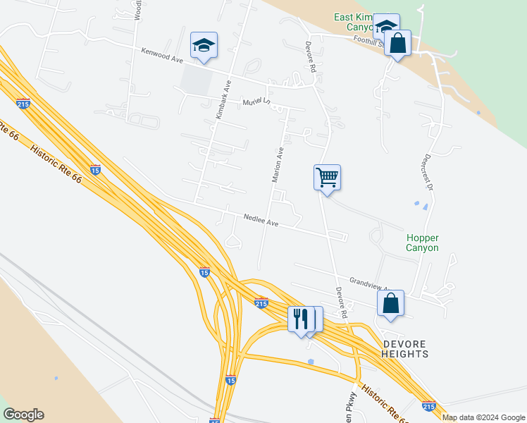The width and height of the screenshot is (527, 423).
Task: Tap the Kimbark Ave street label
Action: (224, 99)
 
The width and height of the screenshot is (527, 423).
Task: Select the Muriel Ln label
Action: (257, 104)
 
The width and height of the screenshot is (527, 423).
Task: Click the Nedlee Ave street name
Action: (261, 221)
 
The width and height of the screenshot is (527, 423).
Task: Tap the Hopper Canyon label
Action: (422, 243)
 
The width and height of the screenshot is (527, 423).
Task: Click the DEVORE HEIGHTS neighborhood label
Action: (405, 348)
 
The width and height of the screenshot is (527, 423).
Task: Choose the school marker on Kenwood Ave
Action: (204, 45)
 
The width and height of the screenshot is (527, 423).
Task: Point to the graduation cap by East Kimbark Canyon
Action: (386, 26)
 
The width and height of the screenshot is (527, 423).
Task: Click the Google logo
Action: (23, 415)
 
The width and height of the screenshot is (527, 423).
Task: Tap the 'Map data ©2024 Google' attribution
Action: (483, 417)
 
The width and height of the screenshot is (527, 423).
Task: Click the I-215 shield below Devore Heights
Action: (429, 406)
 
